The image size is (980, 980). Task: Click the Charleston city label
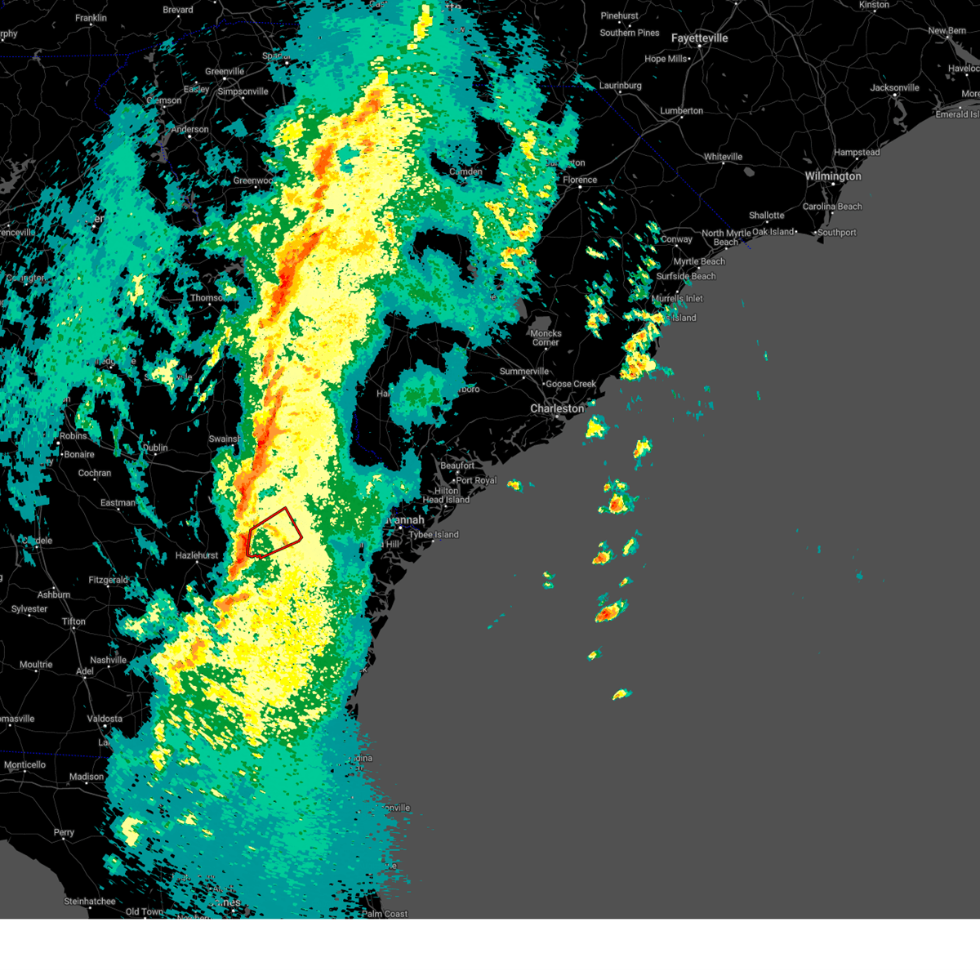[x=557, y=408]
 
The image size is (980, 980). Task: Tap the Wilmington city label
[x=832, y=176]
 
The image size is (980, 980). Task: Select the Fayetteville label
[x=699, y=38]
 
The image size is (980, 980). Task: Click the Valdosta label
[x=105, y=719]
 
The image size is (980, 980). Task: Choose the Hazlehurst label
[x=197, y=555]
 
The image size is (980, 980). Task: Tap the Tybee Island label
[x=434, y=535]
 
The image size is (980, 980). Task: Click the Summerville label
[x=524, y=372]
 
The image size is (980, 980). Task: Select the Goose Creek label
[x=571, y=384]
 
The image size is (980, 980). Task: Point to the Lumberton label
[x=681, y=111]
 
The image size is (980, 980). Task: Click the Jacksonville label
[x=894, y=88]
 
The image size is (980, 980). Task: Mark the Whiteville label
[x=723, y=157]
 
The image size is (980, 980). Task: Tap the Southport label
[x=837, y=233]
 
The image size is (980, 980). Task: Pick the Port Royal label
[x=476, y=480]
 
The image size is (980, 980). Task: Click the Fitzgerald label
[x=108, y=580]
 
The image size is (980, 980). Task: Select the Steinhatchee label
[x=89, y=902]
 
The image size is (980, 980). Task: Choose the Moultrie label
[x=36, y=665]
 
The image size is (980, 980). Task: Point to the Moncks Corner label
[x=546, y=337]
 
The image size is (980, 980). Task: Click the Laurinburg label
[x=620, y=86]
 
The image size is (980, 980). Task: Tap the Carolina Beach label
[x=831, y=207]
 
